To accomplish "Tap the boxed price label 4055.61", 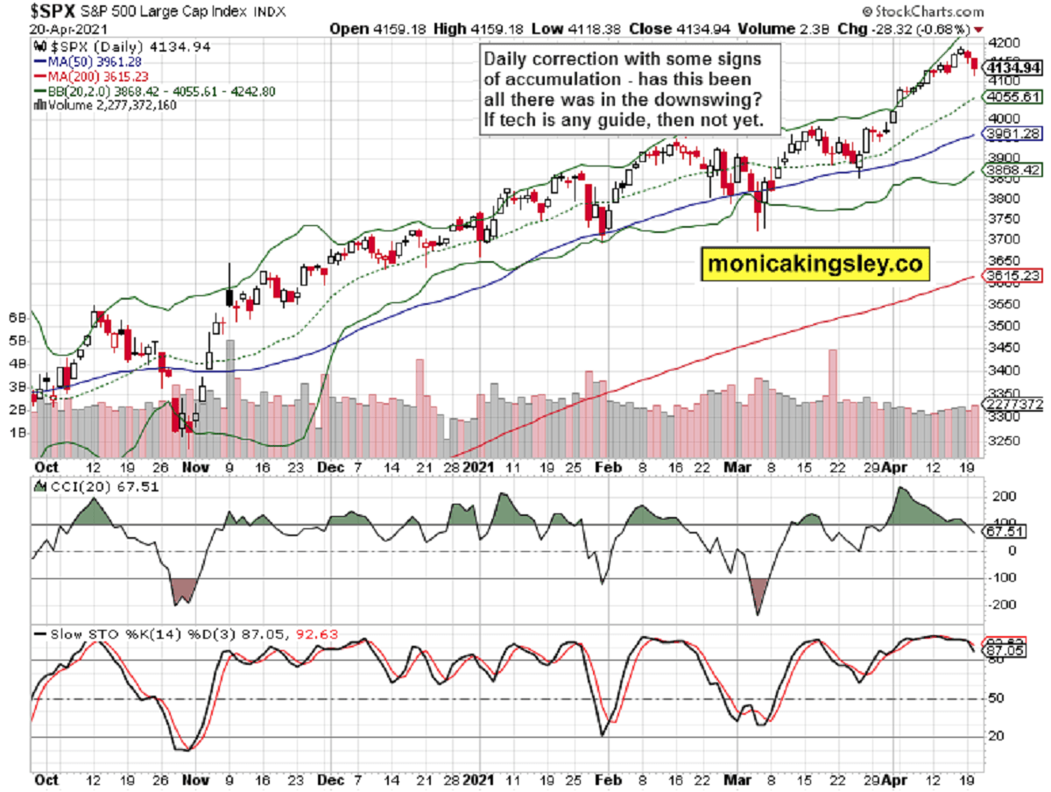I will coord(1012,96).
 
